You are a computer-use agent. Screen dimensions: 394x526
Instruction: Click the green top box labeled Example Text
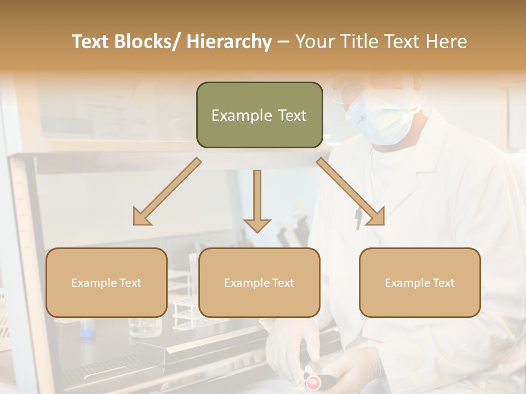click(259, 115)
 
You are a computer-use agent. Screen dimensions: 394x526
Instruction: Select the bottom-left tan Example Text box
click(106, 282)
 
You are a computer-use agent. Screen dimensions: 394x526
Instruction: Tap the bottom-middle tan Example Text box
click(259, 282)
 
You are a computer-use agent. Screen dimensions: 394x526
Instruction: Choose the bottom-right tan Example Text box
click(420, 282)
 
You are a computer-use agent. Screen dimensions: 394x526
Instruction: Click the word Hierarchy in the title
click(228, 42)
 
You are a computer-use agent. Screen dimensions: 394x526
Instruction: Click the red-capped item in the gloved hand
click(314, 381)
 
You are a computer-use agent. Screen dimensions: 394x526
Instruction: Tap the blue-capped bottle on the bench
click(86, 332)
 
